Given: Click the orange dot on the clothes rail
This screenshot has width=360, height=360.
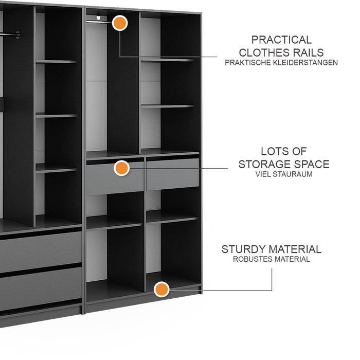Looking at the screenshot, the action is [x=120, y=23].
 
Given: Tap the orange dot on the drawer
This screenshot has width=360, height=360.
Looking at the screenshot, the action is [x=122, y=168].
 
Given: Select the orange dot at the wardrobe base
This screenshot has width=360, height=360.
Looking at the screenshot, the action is [x=161, y=289].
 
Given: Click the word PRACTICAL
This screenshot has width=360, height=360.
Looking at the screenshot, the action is [x=281, y=40].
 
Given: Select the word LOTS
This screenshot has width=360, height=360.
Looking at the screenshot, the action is [x=273, y=151].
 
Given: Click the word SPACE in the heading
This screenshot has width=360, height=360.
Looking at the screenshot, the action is [x=312, y=164].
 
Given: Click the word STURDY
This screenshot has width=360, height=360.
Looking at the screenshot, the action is [x=244, y=249].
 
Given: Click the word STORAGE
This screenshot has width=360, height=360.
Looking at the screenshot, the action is [x=265, y=164].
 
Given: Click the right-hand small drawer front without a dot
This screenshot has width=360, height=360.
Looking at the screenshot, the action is [x=173, y=174].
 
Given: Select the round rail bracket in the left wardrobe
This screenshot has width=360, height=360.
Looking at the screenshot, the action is [x=17, y=34].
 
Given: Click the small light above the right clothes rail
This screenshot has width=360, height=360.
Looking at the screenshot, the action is [x=99, y=17].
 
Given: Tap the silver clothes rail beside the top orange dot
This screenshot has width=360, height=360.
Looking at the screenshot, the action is [x=99, y=22].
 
